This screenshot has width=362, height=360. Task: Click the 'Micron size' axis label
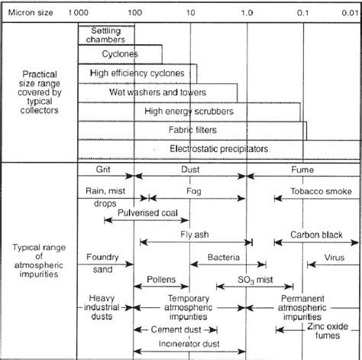[x=32, y=11]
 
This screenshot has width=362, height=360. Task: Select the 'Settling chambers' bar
[x=106, y=34]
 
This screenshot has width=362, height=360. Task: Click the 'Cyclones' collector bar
[x=119, y=54]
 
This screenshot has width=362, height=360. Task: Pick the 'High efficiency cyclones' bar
[x=137, y=73]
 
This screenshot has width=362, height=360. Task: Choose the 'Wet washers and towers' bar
[x=142, y=92]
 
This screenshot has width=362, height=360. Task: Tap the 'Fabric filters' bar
[x=192, y=129]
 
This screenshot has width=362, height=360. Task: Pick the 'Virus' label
[x=335, y=258]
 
